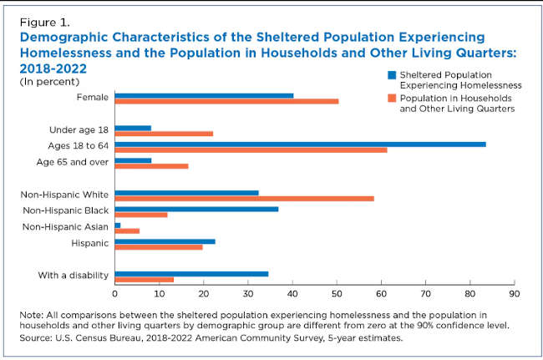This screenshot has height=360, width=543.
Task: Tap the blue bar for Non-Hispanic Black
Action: (196, 209)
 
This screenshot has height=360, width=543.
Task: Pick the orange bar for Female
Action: (226, 101)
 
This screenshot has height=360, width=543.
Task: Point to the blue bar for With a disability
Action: (191, 273)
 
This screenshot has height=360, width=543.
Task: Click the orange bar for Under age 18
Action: (164, 134)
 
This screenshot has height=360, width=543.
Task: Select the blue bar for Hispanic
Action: (165, 241)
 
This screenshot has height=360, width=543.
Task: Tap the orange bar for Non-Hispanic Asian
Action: (127, 231)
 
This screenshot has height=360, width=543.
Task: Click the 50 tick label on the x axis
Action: (337, 294)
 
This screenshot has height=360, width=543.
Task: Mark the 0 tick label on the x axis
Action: (114, 294)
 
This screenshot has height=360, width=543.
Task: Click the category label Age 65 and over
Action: (73, 161)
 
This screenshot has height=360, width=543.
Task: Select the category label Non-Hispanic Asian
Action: (66, 226)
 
